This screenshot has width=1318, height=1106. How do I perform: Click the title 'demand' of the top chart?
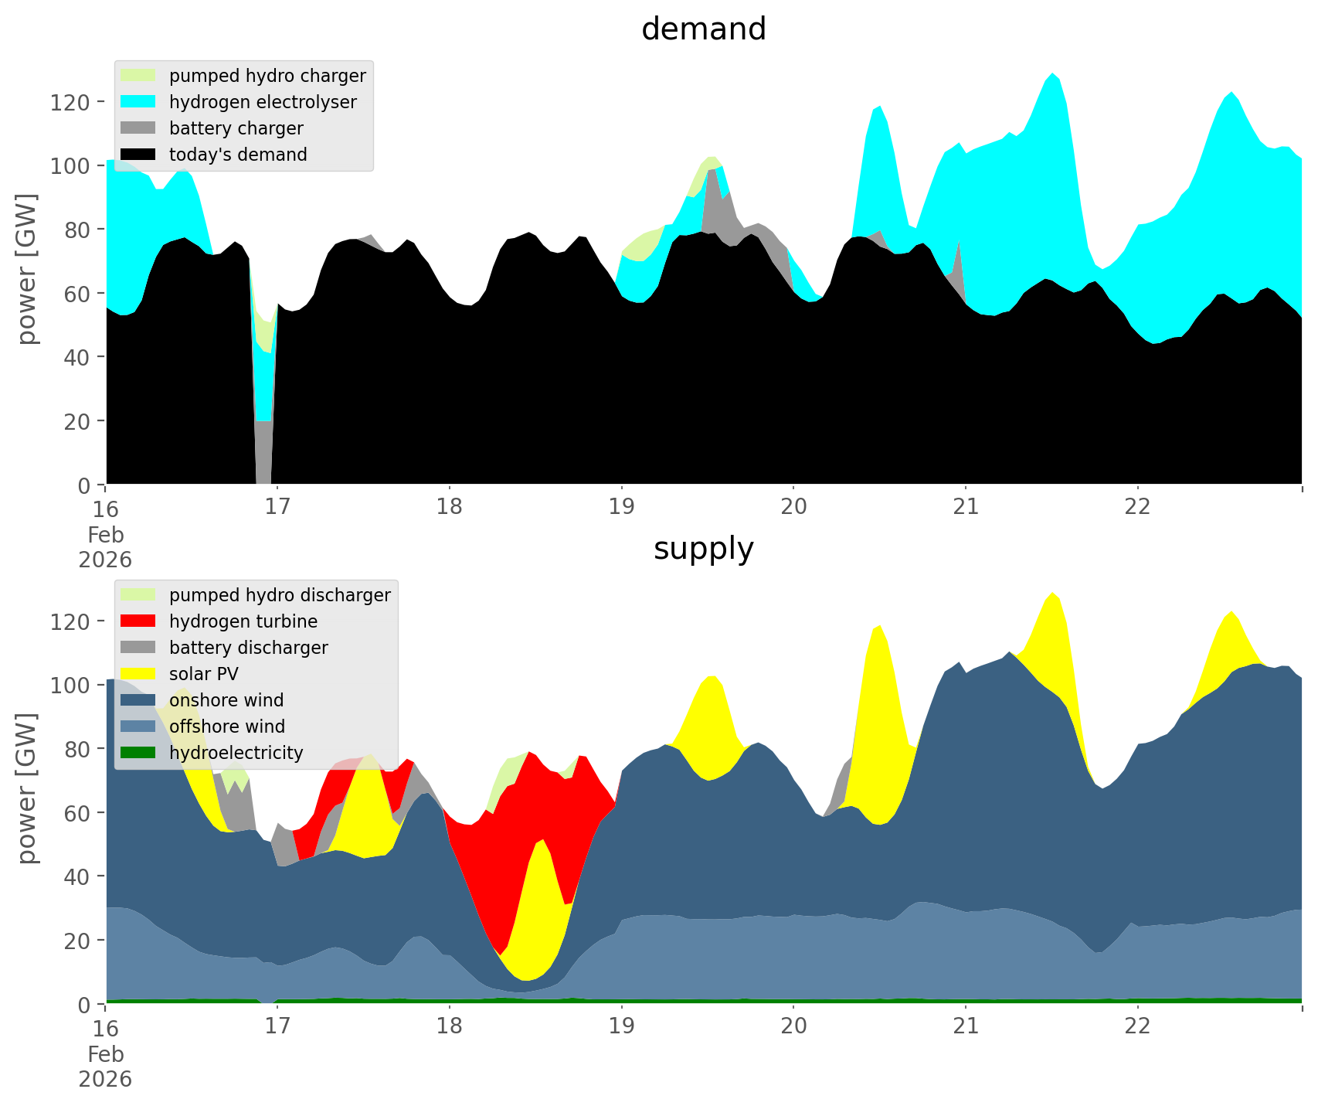click(x=703, y=29)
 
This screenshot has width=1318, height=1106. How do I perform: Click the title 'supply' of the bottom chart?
click(x=703, y=549)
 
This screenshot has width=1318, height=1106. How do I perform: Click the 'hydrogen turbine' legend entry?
click(x=243, y=621)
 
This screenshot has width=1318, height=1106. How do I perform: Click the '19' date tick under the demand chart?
click(x=621, y=507)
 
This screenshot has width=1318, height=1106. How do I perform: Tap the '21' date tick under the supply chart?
click(x=966, y=1026)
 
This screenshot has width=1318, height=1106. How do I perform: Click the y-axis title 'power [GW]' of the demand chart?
click(x=28, y=269)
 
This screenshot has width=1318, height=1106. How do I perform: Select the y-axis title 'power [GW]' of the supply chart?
click(x=28, y=788)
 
